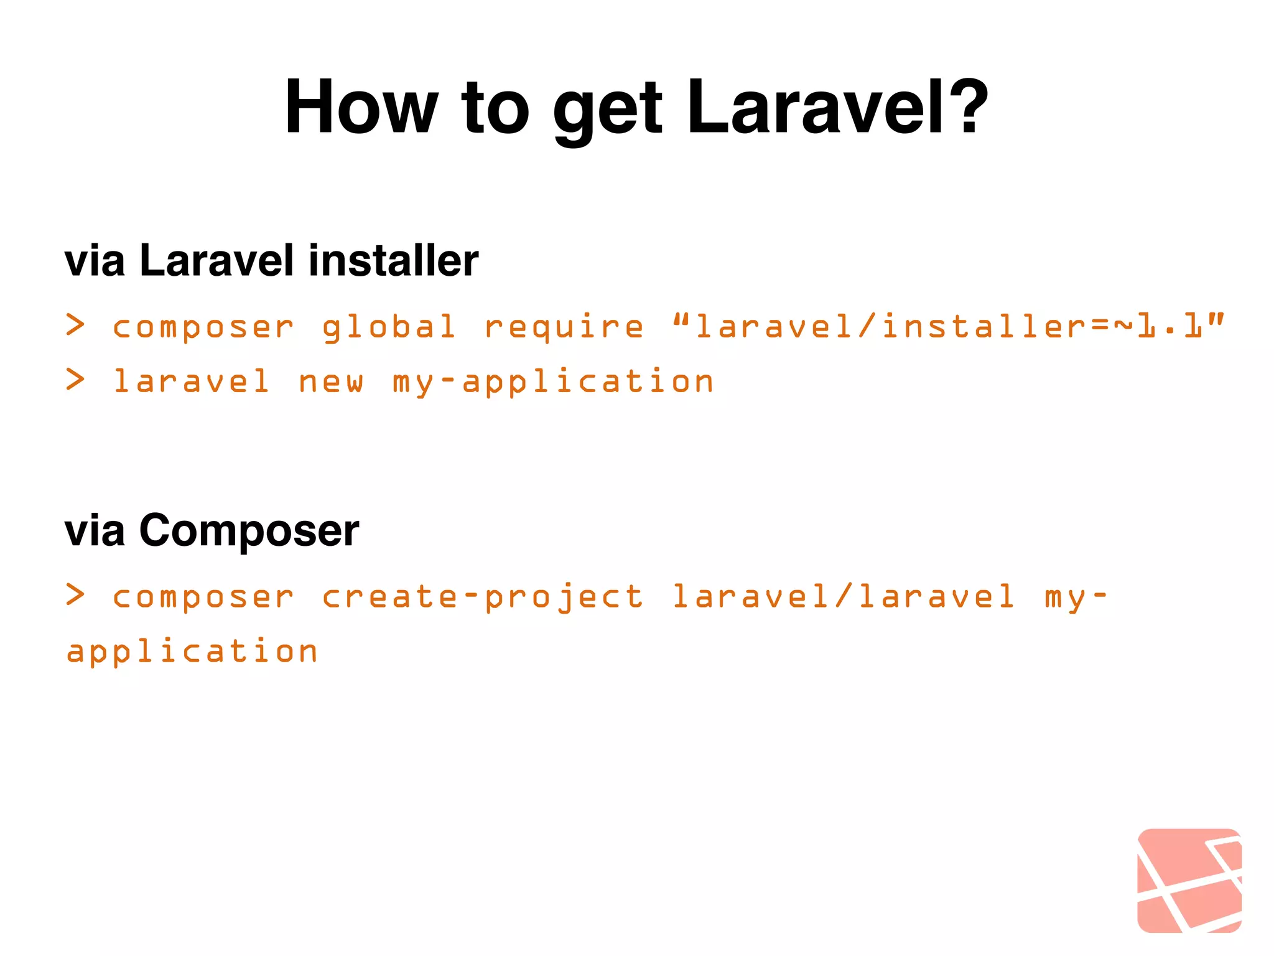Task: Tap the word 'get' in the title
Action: [607, 111]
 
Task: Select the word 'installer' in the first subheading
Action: [393, 260]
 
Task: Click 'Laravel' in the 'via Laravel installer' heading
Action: [216, 260]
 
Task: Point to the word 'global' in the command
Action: [389, 327]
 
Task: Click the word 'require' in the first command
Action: [564, 327]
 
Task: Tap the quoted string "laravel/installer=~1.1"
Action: [949, 326]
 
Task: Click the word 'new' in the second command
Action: [331, 381]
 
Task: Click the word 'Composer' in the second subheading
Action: [249, 531]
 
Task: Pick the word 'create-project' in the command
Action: [483, 597]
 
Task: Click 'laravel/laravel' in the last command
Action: [844, 596]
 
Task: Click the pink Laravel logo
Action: [1189, 880]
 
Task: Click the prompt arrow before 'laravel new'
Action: [75, 380]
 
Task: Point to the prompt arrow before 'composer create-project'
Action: [75, 595]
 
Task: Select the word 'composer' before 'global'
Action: [203, 327]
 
